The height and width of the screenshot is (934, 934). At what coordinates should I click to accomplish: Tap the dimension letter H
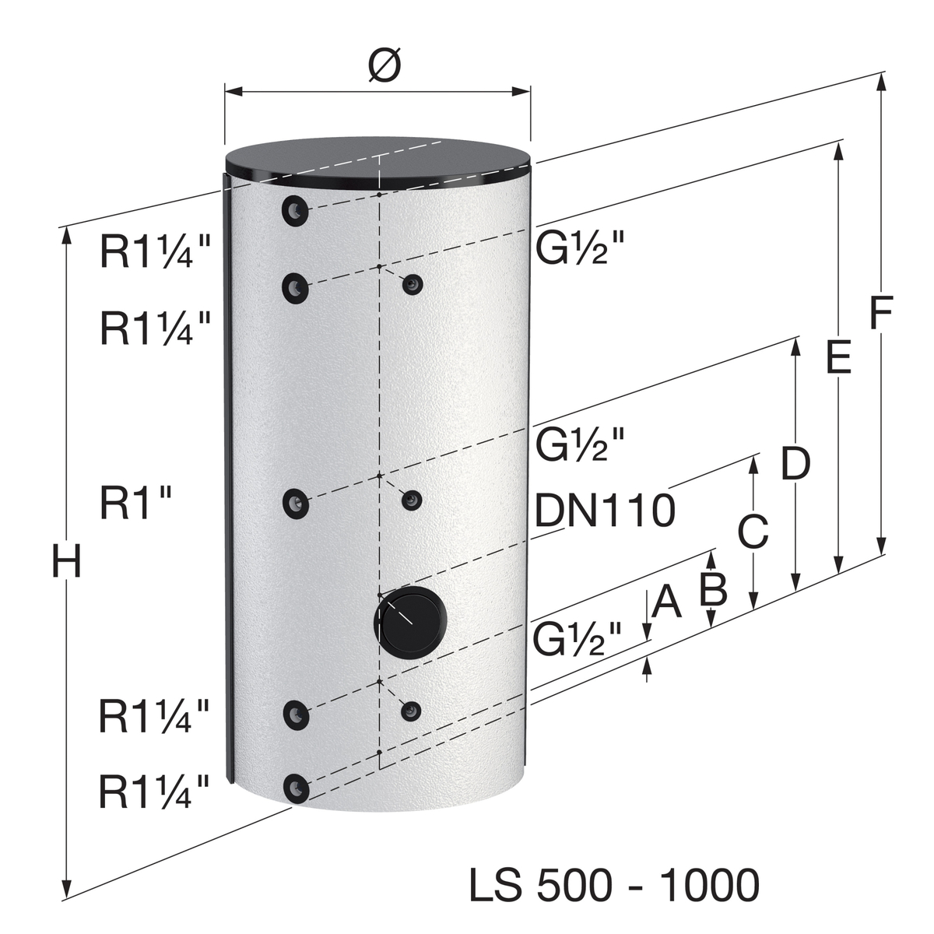coord(66,561)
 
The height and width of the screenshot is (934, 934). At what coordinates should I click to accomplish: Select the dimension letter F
coord(880,312)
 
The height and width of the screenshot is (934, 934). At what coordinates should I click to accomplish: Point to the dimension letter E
coord(838,357)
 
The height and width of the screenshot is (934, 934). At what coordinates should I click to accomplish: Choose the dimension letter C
coord(753,532)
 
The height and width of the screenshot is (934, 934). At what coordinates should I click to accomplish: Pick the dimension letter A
coord(666,601)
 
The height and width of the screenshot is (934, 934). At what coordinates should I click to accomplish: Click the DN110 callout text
coord(605,510)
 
